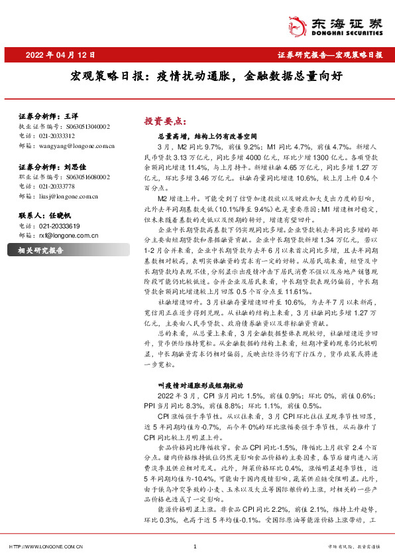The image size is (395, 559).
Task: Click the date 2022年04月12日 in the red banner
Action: click(x=61, y=55)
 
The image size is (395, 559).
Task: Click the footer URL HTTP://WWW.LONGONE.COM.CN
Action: click(x=44, y=547)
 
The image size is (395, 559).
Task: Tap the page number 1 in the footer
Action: click(x=195, y=547)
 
